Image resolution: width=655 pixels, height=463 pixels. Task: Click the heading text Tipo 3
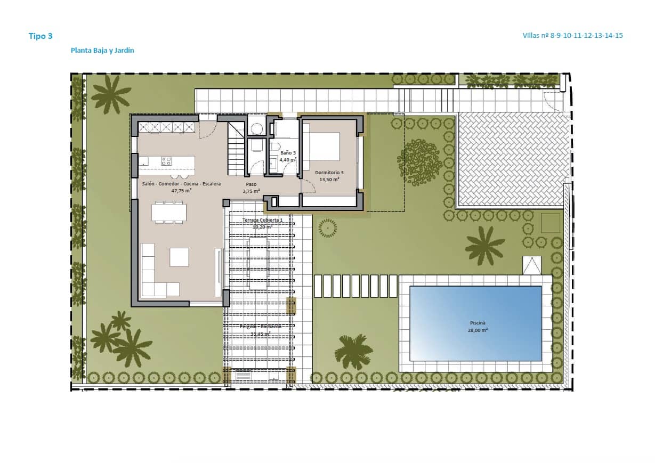point(41,36)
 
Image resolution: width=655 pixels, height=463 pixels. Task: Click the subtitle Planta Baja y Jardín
point(102,51)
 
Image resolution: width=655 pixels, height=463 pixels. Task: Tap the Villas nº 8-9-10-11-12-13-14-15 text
point(573,36)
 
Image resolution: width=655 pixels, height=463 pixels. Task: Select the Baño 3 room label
point(288,153)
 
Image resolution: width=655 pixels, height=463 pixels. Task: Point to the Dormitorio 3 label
point(329,173)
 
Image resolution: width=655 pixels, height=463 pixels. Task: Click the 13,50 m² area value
point(329,180)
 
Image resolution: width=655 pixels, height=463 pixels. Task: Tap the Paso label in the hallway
point(251,184)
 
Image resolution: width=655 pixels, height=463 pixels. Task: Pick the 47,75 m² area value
point(181,190)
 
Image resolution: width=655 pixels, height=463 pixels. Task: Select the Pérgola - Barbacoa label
point(261,326)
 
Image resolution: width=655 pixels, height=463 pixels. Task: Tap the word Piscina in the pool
point(478,323)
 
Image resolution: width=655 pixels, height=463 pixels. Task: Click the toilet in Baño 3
point(274,147)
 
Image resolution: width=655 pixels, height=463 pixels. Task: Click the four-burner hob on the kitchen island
point(166,160)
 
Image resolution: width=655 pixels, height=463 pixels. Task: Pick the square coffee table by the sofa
point(179,257)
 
